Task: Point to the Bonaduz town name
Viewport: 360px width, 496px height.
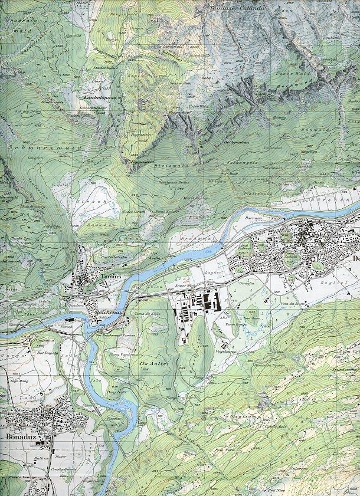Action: (x=23, y=438)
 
